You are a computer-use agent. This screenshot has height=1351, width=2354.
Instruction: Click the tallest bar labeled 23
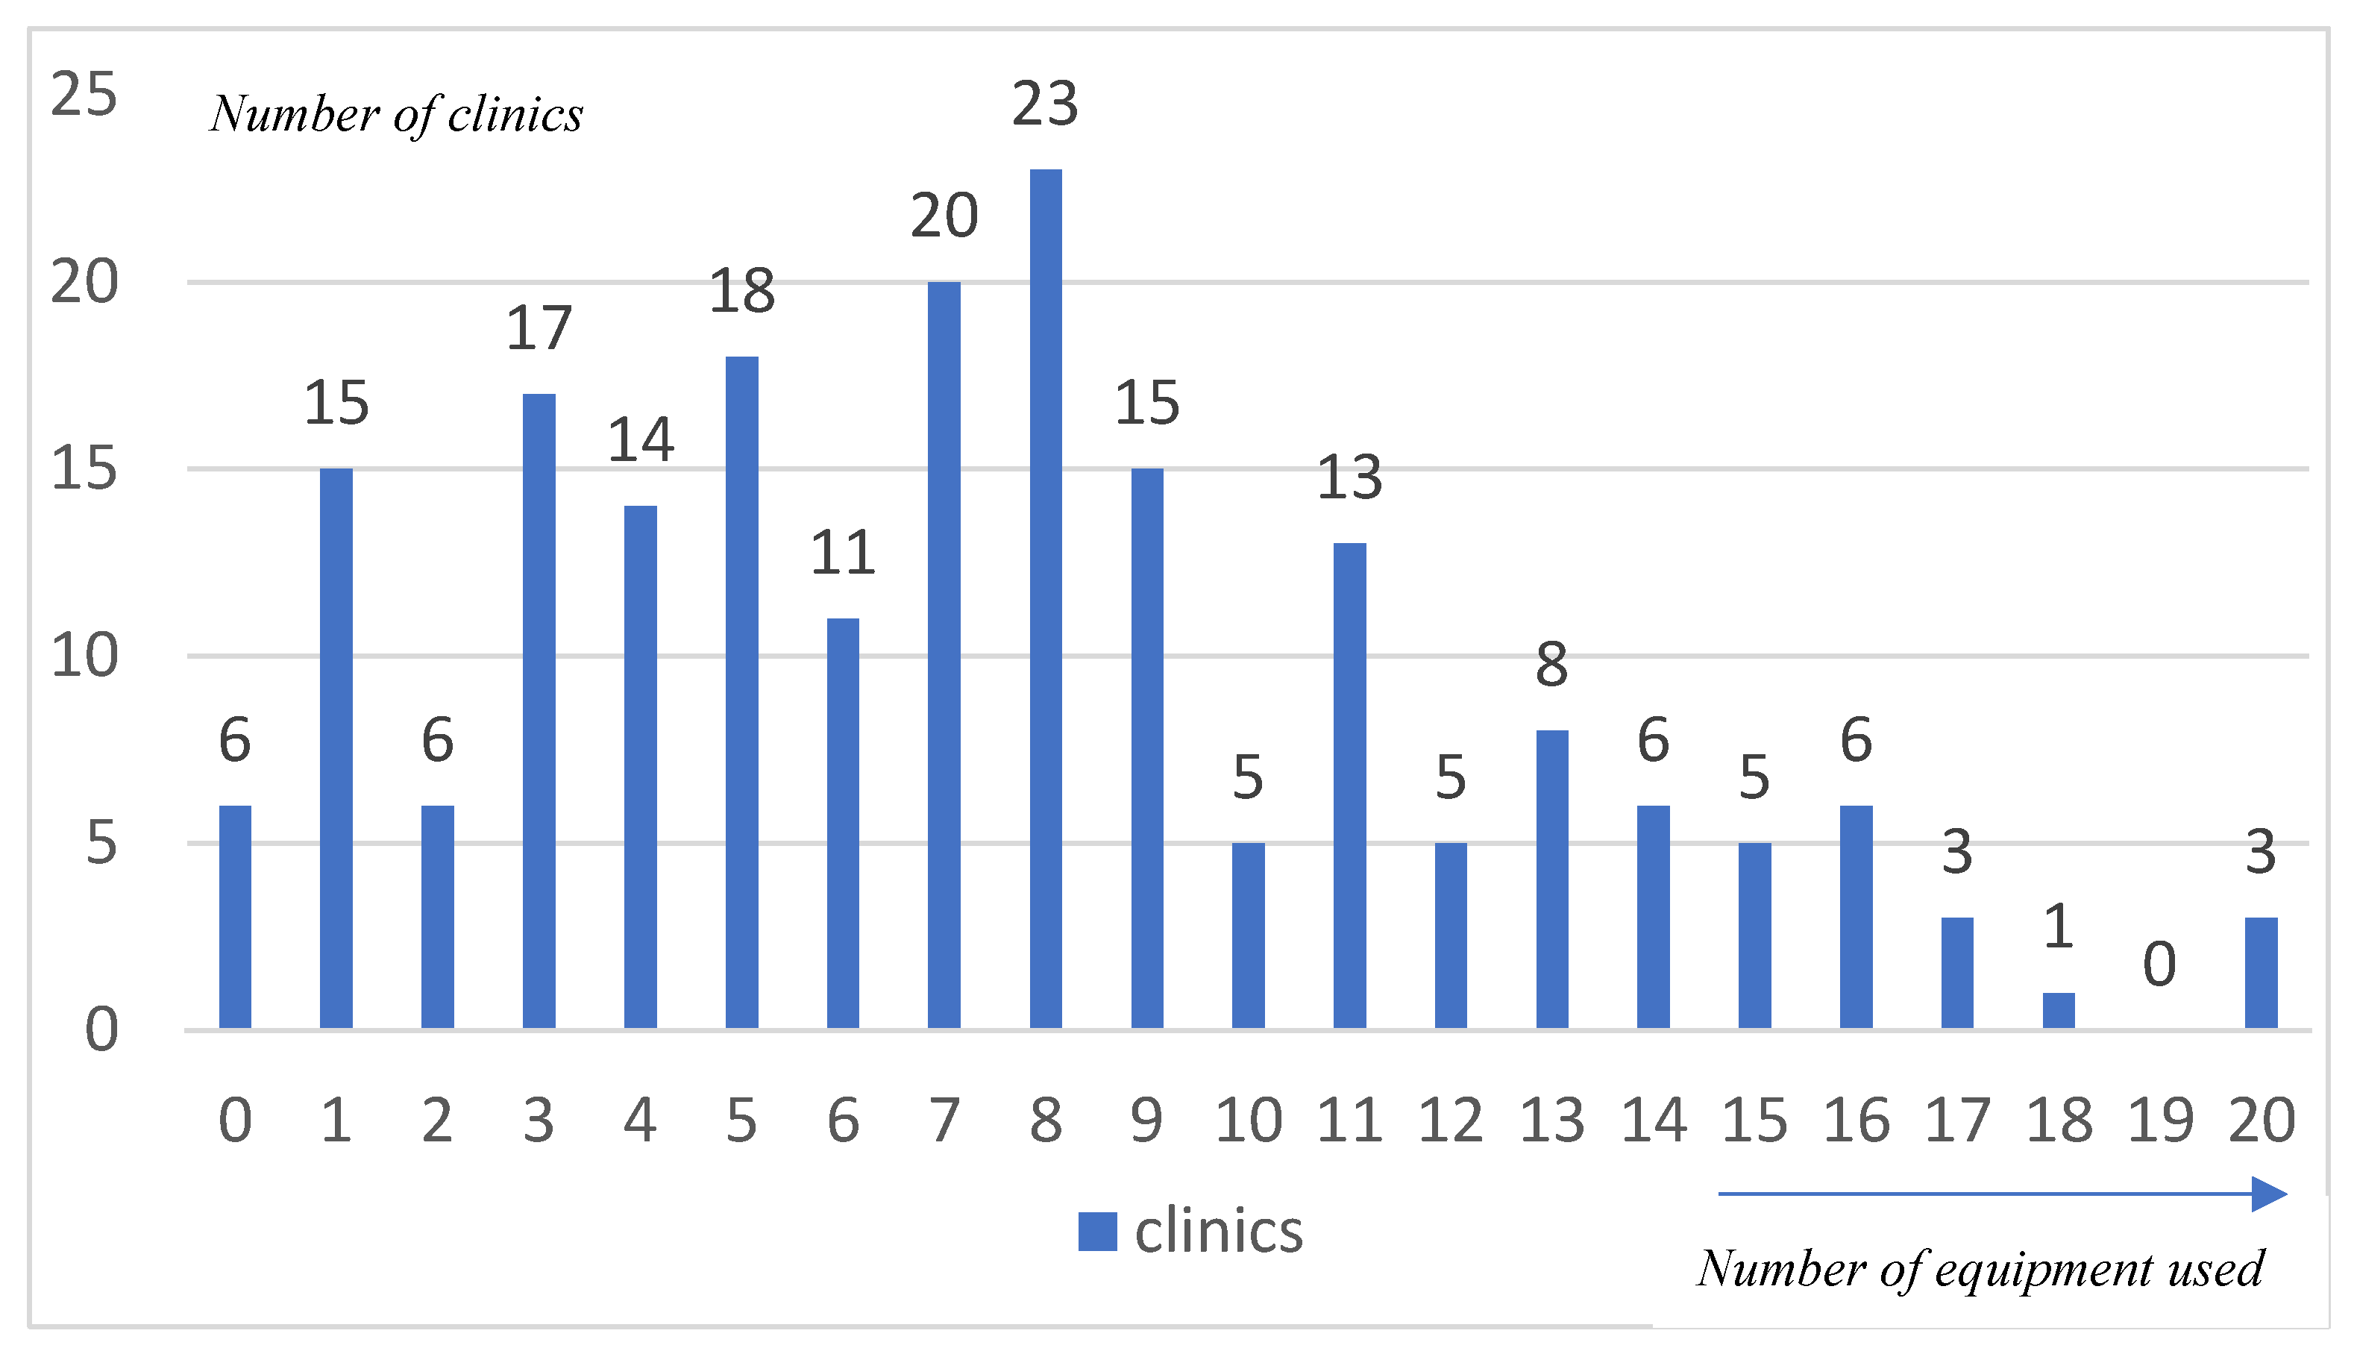point(1045,598)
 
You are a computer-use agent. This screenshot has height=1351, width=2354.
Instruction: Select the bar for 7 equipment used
point(944,654)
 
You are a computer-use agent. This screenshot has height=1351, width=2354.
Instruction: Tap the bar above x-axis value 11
point(1349,785)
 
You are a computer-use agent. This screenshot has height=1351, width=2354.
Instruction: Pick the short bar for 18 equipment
point(2058,1011)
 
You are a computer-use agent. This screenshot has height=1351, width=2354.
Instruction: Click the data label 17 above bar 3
point(539,328)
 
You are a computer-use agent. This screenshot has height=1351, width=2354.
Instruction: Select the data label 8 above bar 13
point(1551,665)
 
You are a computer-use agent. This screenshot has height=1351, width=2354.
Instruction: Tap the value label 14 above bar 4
point(640,440)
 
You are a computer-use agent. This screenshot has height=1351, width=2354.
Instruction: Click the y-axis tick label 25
point(84,95)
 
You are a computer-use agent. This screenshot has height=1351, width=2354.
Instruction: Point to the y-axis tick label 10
point(84,656)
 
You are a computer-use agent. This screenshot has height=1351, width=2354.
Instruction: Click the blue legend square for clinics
point(1097,1232)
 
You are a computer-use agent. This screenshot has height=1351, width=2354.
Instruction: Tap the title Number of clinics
point(396,115)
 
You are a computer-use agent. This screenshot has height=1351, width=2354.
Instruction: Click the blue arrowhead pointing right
point(2270,1194)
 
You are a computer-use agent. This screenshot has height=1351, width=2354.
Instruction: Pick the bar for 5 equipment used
point(741,692)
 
